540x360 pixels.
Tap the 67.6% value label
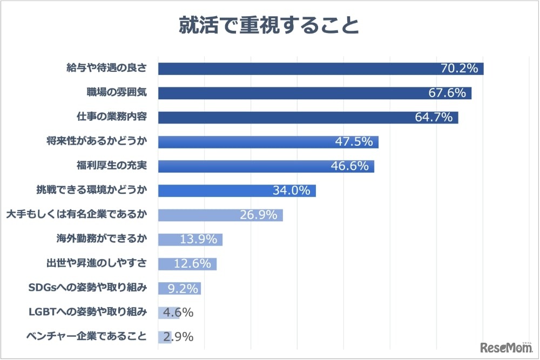coord(447,93)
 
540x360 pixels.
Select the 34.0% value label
coord(292,191)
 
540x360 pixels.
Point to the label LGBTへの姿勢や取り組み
coord(87,312)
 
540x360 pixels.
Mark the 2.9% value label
coord(178,337)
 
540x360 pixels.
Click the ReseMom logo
coord(504,346)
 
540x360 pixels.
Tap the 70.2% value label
coord(460,69)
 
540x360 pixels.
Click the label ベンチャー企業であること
coord(86,337)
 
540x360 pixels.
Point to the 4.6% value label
coord(178,313)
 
